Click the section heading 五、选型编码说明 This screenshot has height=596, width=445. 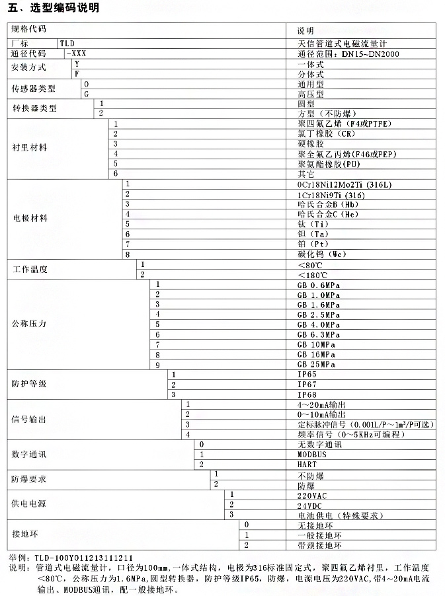point(53,8)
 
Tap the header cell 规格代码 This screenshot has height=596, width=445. point(29,30)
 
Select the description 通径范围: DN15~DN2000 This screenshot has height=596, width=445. point(348,54)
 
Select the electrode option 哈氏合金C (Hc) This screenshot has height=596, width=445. point(329,214)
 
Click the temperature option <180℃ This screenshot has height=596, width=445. point(313,274)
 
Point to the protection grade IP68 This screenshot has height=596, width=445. point(308,394)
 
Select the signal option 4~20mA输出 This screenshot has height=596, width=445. point(323,404)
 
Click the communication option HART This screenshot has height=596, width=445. point(307,465)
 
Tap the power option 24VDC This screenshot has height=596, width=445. point(311,504)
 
